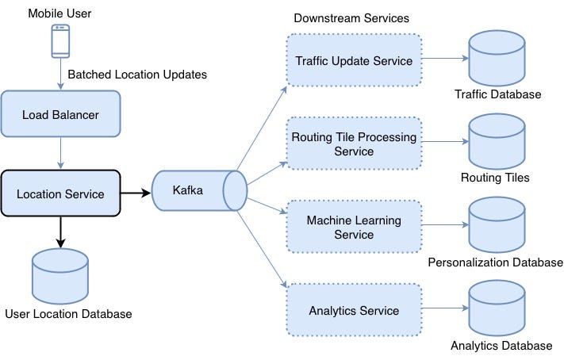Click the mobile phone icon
pyautogui.click(x=60, y=41)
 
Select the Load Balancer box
pyautogui.click(x=60, y=115)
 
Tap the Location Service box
pyautogui.click(x=60, y=193)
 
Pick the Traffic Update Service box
pyautogui.click(x=353, y=60)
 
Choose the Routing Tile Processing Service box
pyautogui.click(x=353, y=144)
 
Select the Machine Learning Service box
pyautogui.click(x=353, y=226)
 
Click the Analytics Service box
pyautogui.click(x=353, y=309)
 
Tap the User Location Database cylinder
pyautogui.click(x=60, y=273)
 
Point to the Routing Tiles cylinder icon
pyautogui.click(x=497, y=141)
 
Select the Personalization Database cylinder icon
pyautogui.click(x=497, y=224)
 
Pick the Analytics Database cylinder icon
pyautogui.click(x=497, y=308)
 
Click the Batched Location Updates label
pyautogui.click(x=137, y=75)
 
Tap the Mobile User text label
pyautogui.click(x=60, y=13)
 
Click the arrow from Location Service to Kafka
pyautogui.click(x=136, y=193)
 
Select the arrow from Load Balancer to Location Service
pyautogui.click(x=60, y=154)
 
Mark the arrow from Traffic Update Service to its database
pyautogui.click(x=443, y=59)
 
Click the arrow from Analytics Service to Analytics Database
pyautogui.click(x=443, y=308)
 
